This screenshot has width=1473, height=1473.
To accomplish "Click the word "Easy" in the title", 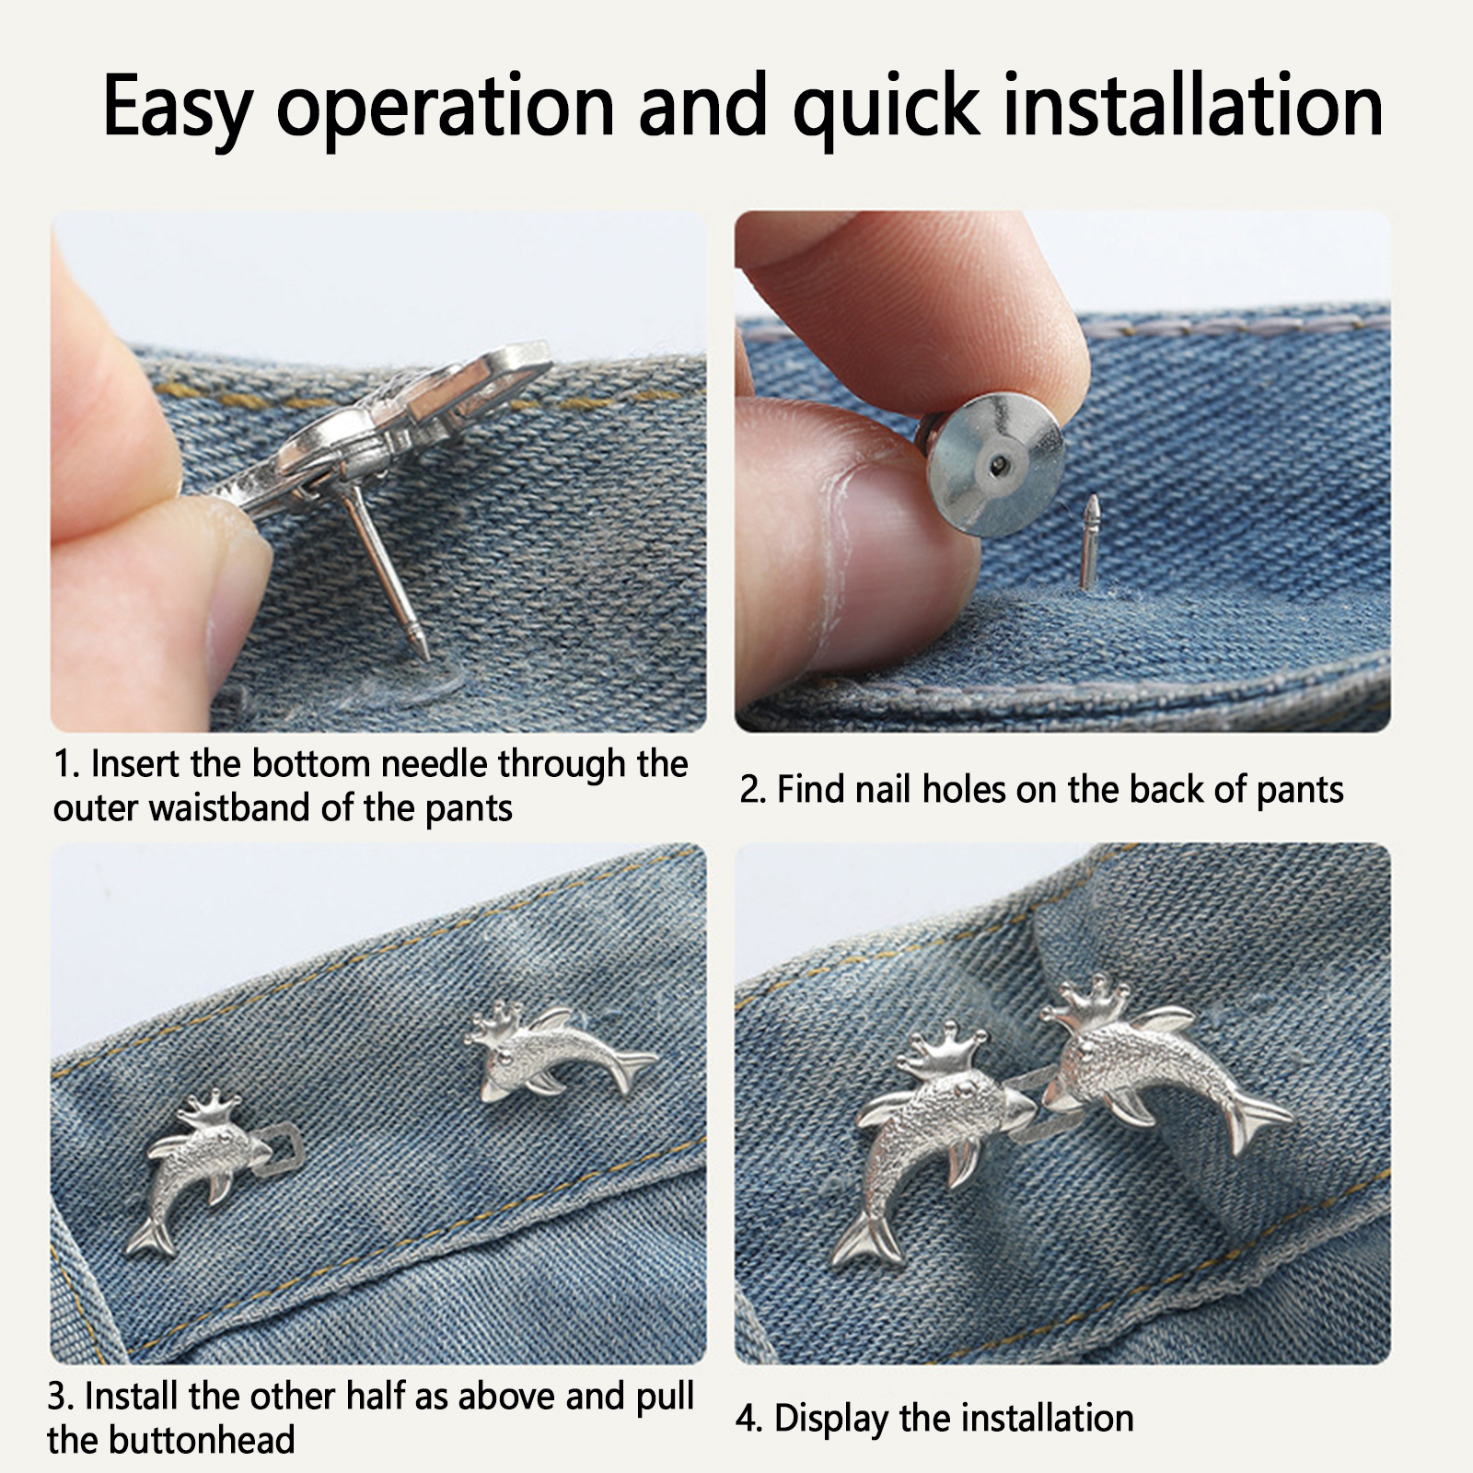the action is [x=177, y=107].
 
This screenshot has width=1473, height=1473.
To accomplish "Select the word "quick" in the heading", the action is [x=885, y=109].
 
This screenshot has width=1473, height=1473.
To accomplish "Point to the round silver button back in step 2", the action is [x=994, y=465].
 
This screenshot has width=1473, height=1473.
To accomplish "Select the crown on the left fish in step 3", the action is [x=209, y=1109].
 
